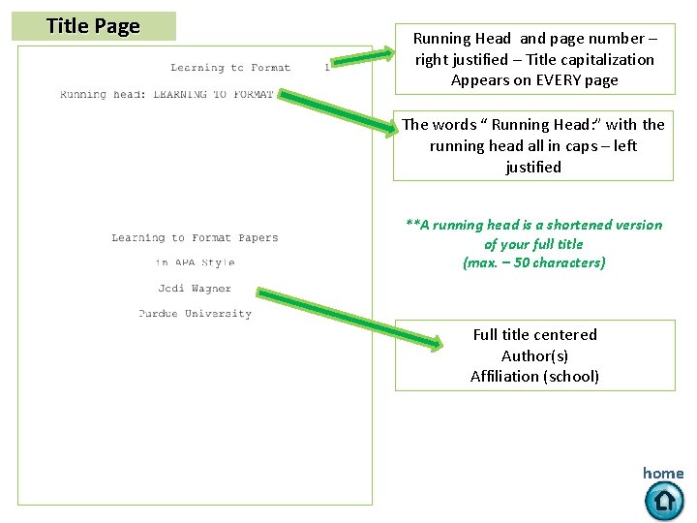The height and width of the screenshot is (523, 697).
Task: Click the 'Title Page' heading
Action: pos(93,26)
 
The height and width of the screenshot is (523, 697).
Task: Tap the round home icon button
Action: pos(664,501)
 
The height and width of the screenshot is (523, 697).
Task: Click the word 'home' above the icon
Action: pos(663,474)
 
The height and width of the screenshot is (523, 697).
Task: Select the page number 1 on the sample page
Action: pos(327,68)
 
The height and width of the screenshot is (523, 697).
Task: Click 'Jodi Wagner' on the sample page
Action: pos(195,289)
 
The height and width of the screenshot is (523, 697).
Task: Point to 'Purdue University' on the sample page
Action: pos(195,314)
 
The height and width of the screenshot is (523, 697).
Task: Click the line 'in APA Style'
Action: pos(195,262)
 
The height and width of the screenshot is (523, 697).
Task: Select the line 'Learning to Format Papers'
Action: pos(195,237)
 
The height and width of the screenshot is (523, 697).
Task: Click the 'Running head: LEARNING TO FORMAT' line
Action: pos(167,94)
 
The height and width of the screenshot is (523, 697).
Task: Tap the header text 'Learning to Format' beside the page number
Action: pos(230,68)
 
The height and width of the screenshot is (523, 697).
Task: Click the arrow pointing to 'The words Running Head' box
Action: pos(339,109)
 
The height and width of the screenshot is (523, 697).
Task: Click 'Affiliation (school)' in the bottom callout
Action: pos(534,377)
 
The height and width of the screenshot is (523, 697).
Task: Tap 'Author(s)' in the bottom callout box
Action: pos(534,355)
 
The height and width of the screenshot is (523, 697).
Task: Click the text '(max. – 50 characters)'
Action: pos(534,263)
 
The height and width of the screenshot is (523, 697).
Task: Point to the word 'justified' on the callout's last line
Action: pos(532,168)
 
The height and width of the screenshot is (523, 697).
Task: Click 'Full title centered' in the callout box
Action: pos(534,335)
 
